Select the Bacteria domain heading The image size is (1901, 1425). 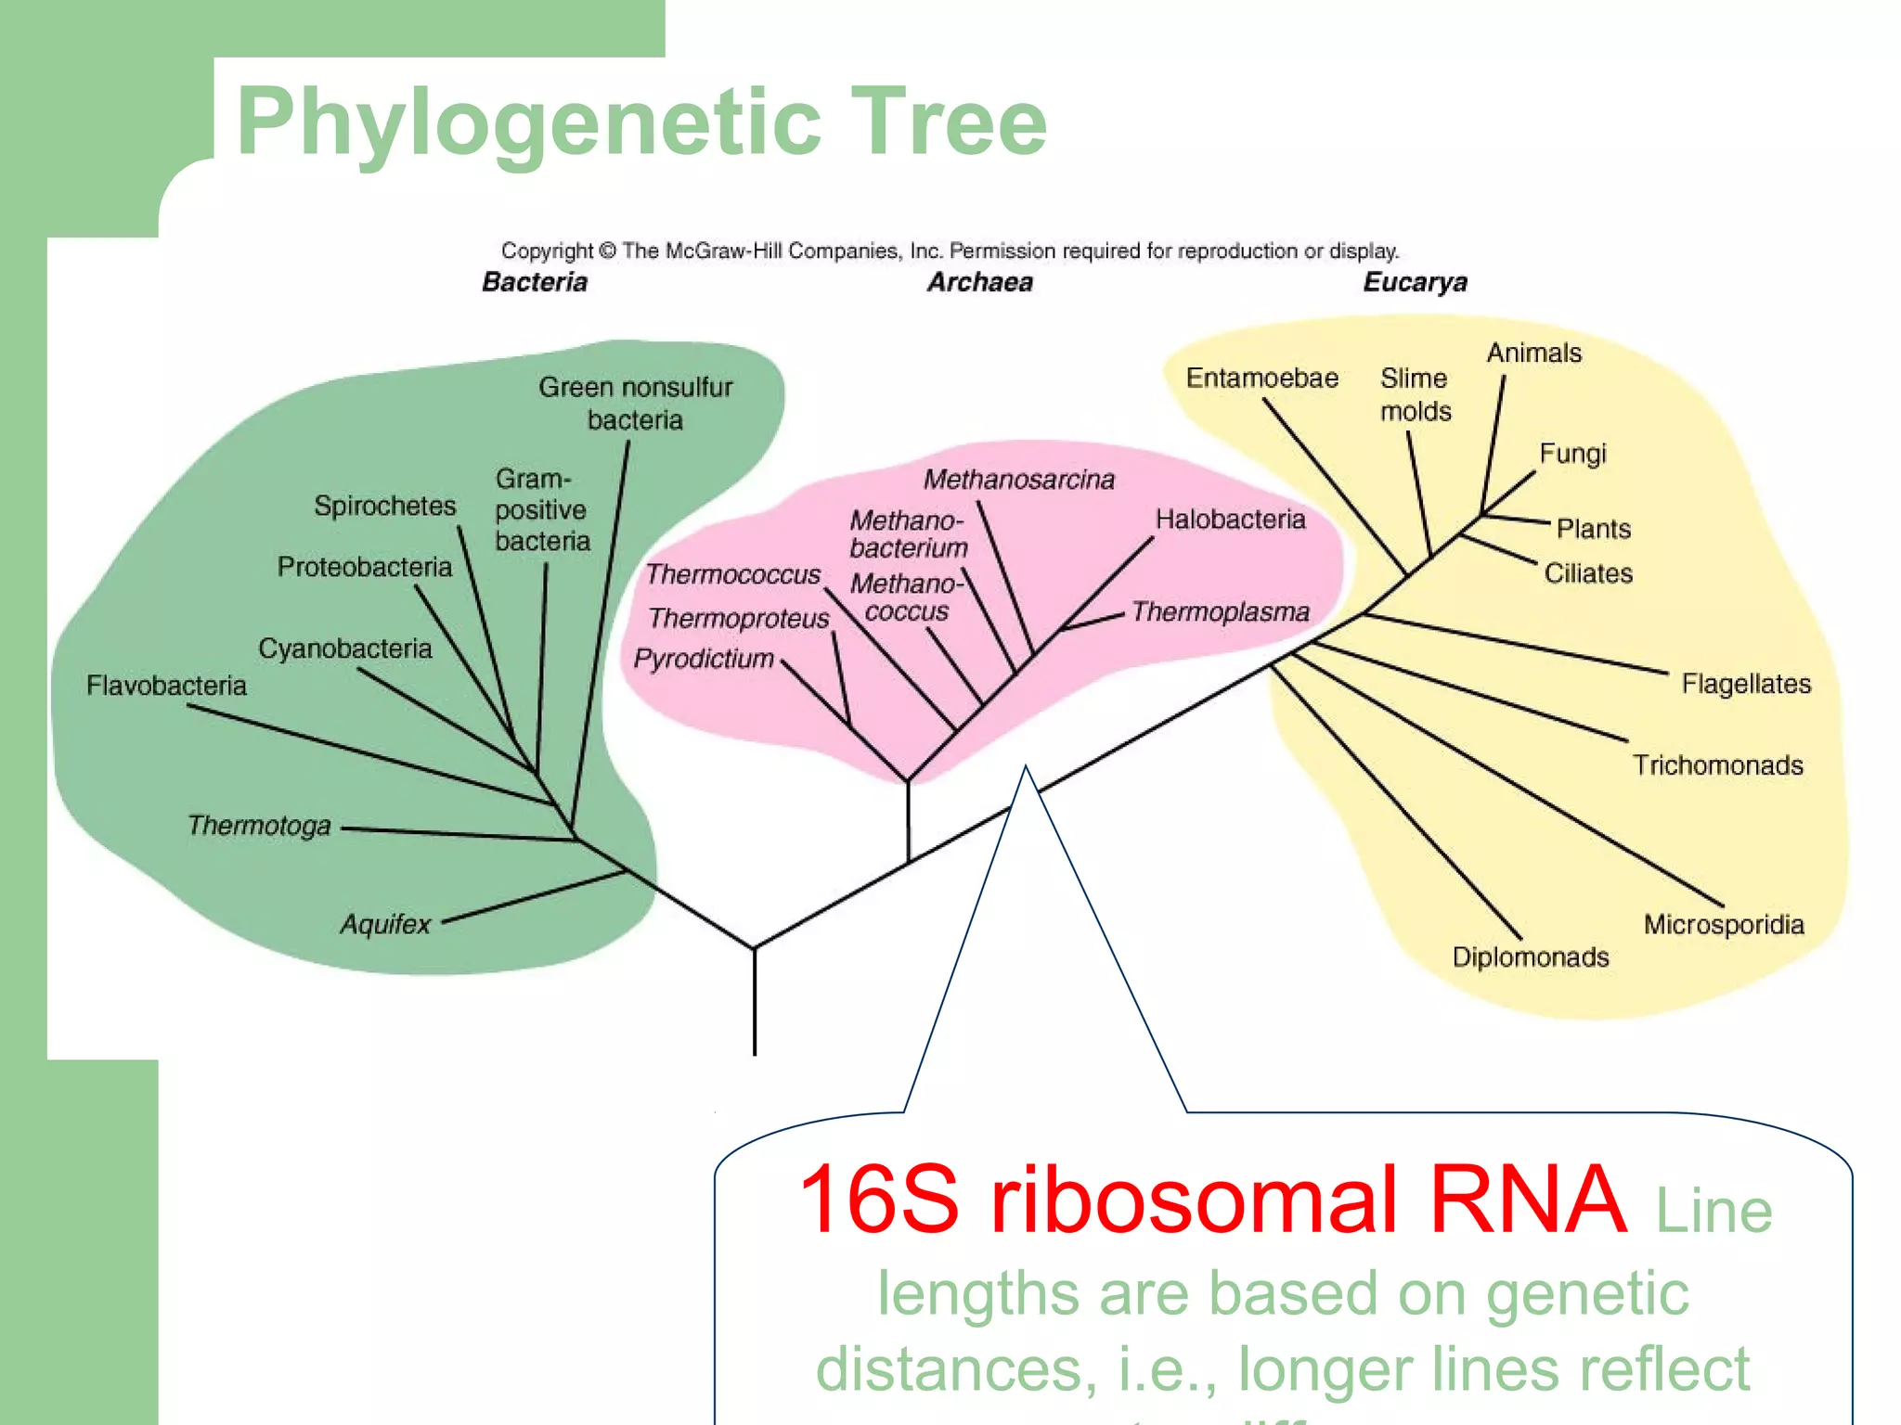click(535, 282)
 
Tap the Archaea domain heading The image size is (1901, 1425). click(979, 282)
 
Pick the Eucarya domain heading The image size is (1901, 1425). click(1415, 282)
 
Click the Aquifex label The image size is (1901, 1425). click(385, 924)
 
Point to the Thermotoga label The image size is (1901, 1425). click(259, 825)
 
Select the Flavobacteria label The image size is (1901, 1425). click(166, 686)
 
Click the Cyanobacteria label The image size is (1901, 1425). click(344, 648)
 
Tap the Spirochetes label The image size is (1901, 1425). click(384, 506)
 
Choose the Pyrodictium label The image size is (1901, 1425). click(704, 659)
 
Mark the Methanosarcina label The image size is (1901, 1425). click(1018, 480)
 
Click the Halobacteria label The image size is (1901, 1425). click(1230, 519)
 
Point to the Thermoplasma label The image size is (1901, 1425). click(1220, 612)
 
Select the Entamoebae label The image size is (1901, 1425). click(1261, 378)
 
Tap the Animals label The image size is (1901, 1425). click(1533, 353)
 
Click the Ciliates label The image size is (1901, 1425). click(1587, 573)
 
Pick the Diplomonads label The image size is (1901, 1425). click(1530, 956)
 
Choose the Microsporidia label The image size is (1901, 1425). click(1724, 924)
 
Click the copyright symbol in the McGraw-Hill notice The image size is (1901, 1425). click(607, 251)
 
